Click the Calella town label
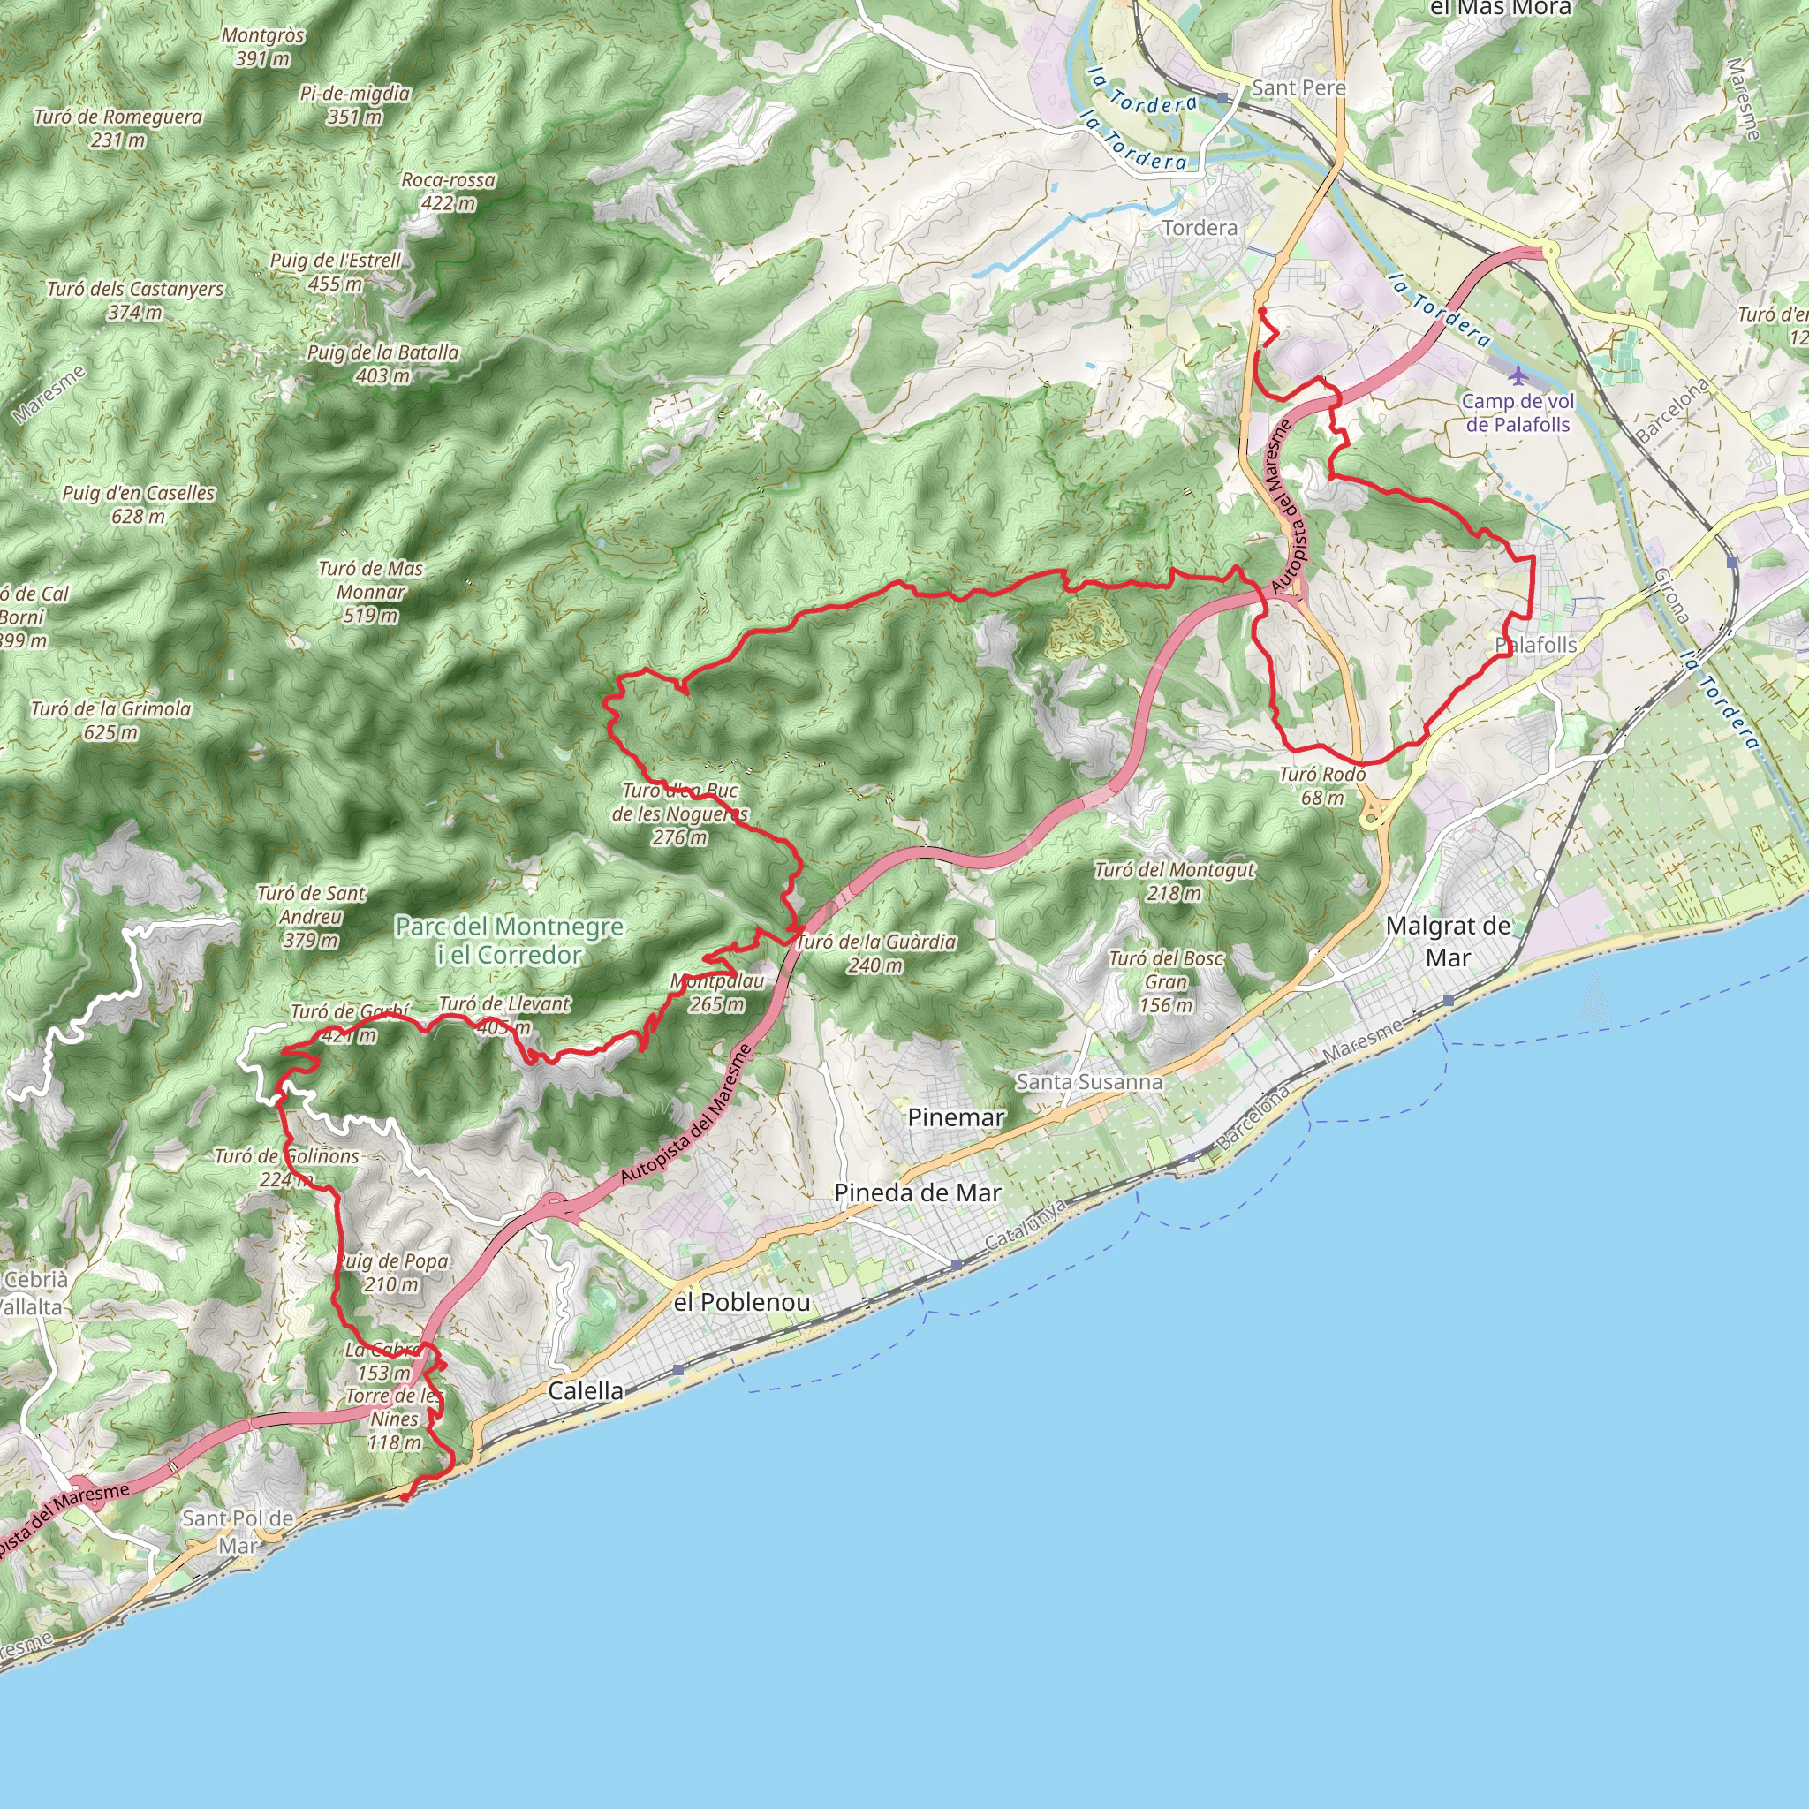(586, 1390)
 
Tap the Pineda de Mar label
(918, 1192)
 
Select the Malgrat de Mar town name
(1448, 941)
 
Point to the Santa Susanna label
(1089, 1081)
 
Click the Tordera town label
(1200, 228)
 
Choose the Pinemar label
(955, 1117)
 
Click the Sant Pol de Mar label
(238, 1531)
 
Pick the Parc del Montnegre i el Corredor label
(510, 940)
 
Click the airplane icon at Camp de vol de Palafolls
(1517, 375)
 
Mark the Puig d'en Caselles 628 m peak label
(139, 503)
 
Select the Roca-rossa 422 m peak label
(448, 191)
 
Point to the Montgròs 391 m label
(263, 47)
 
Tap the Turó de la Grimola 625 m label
(110, 720)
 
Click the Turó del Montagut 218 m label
(1174, 881)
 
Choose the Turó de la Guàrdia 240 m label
(875, 953)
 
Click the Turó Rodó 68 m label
(1322, 785)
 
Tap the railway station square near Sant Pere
(1222, 97)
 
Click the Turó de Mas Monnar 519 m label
(370, 592)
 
